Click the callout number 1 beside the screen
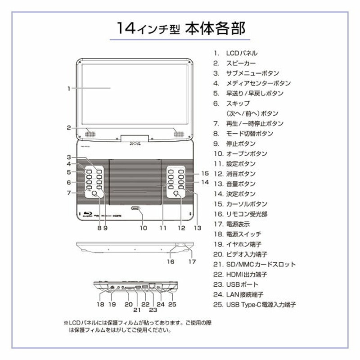pyautogui.click(x=69, y=89)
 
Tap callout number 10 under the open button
pyautogui.click(x=143, y=228)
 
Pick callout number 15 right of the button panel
pyautogui.click(x=205, y=173)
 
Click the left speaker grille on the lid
pyautogui.click(x=90, y=134)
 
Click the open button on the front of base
pyautogui.click(x=135, y=208)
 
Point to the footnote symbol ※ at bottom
pyautogui.click(x=66, y=323)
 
